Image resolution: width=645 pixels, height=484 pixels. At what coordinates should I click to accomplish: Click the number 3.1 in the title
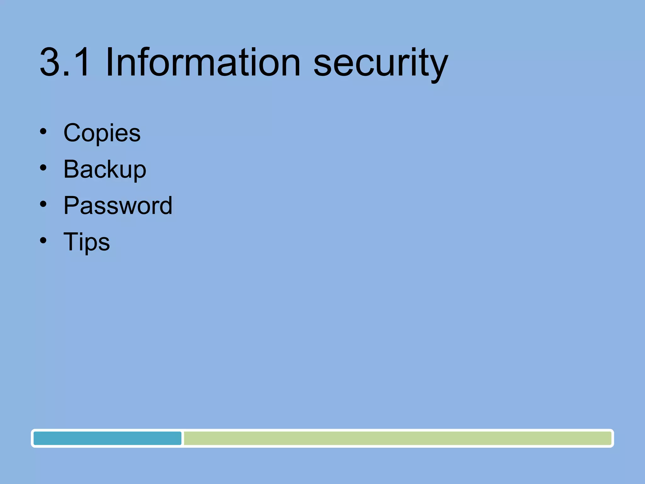click(x=64, y=62)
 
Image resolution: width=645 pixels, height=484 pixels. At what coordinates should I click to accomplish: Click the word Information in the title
click(x=203, y=62)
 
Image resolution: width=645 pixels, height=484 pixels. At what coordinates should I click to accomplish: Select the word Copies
click(x=102, y=133)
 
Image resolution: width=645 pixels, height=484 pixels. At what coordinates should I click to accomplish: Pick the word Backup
click(x=105, y=169)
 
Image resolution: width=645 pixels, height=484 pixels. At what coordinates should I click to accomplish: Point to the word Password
click(x=118, y=205)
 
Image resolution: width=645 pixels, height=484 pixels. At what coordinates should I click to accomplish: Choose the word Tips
click(x=87, y=242)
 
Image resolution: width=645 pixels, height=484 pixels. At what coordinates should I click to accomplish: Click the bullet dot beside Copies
click(x=43, y=131)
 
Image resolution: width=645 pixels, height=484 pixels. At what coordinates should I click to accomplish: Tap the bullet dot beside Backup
click(x=43, y=168)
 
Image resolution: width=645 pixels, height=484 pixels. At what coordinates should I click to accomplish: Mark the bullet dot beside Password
click(x=43, y=204)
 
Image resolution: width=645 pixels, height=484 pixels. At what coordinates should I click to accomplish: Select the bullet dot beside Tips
click(x=43, y=240)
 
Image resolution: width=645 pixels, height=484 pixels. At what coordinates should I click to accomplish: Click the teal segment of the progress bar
click(x=107, y=438)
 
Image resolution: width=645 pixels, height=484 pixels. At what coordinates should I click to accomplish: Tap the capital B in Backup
click(x=72, y=169)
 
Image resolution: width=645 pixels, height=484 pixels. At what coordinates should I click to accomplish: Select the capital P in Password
click(x=71, y=205)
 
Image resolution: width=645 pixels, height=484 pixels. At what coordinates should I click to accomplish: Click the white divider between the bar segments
click(x=183, y=438)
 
